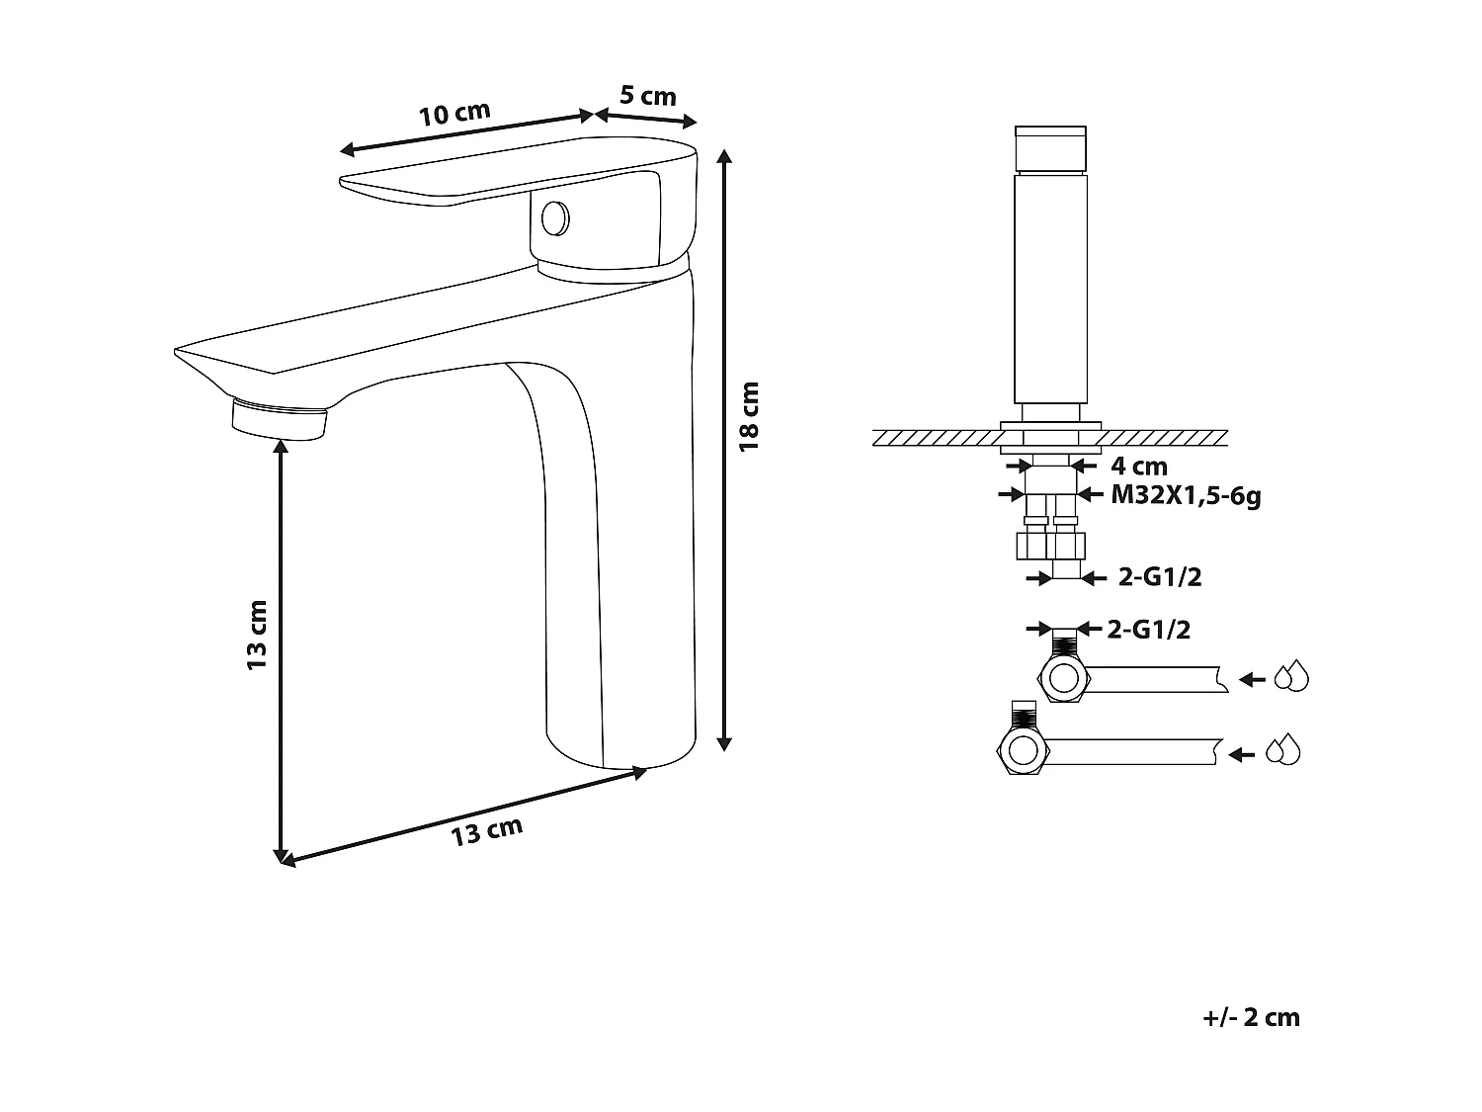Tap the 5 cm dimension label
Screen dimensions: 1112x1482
[x=648, y=96]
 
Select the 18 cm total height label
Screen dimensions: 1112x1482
[x=751, y=416]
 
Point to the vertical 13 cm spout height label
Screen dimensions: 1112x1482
[x=257, y=636]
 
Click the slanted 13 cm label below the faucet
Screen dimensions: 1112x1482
[x=486, y=832]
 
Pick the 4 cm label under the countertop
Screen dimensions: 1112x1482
[x=1139, y=466]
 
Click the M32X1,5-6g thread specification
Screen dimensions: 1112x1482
[x=1186, y=495]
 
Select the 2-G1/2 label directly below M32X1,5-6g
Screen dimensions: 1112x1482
[x=1160, y=578]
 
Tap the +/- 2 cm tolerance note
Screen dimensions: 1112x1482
[x=1252, y=1018]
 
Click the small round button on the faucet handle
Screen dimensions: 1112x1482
[x=556, y=217]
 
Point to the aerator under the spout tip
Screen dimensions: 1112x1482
[x=279, y=418]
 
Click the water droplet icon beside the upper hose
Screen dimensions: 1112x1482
[x=1290, y=678]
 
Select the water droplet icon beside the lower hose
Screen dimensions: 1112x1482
[x=1283, y=751]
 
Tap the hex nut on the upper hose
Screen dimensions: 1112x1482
[x=1063, y=679]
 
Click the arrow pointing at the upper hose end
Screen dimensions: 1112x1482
[x=1253, y=679]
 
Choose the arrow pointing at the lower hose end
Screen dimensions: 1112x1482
[x=1241, y=754]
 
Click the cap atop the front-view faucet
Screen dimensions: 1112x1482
[x=1051, y=148]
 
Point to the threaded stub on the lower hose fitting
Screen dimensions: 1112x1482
[x=1024, y=715]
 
